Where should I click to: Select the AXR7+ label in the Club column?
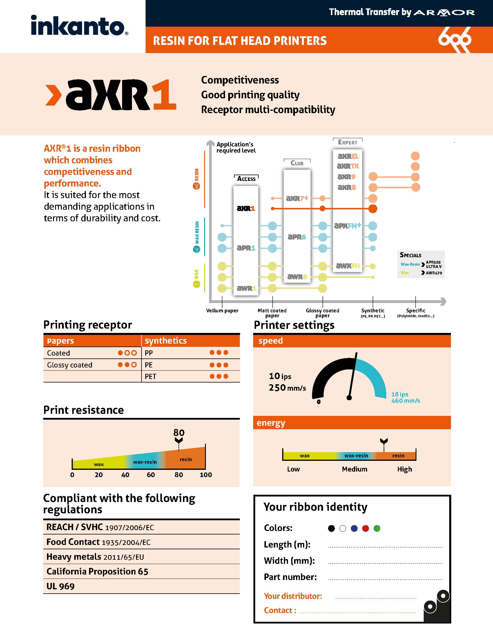click(297, 198)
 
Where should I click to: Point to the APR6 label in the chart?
click(297, 237)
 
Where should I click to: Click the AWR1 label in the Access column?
click(246, 288)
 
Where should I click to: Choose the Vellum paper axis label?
click(222, 311)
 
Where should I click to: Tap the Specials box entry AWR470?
click(434, 273)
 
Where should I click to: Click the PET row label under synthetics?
click(151, 376)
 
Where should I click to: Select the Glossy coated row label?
click(70, 365)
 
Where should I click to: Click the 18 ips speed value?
click(400, 394)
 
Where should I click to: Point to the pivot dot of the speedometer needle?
click(349, 398)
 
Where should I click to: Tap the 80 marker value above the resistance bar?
click(179, 433)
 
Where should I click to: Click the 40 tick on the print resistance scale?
click(125, 475)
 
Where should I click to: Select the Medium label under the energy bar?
click(355, 469)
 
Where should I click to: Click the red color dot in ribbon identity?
click(365, 528)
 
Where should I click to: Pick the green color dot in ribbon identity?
click(377, 528)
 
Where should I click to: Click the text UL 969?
click(60, 586)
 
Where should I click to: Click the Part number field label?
click(290, 577)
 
